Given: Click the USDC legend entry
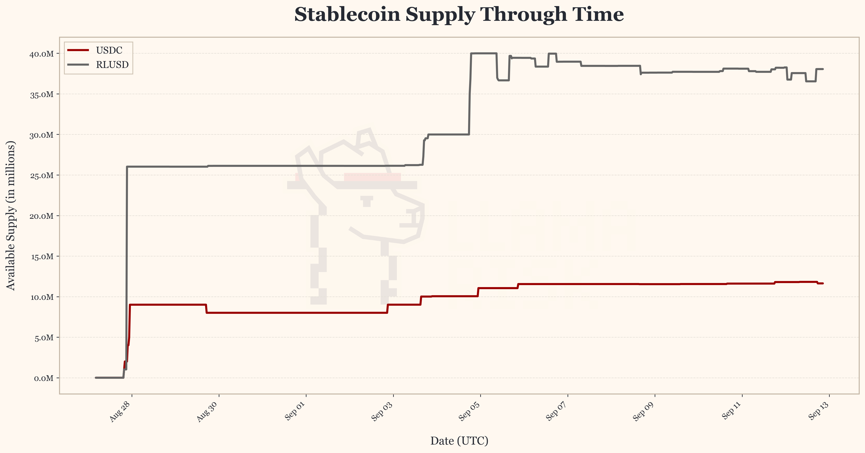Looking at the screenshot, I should pos(109,50).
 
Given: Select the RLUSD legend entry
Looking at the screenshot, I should pos(112,65).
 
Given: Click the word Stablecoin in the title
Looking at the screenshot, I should pos(347,15).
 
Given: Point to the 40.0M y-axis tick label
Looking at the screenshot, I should pos(42,54).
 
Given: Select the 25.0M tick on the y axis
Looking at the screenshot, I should pos(42,175).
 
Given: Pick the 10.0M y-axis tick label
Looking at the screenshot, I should pos(42,297).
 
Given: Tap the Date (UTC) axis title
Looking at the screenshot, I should pos(459,441).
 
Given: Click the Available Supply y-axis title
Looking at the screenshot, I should pos(11,215).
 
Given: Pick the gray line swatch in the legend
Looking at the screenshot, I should pos(78,65).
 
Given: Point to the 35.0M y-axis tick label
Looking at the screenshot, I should pos(42,94).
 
